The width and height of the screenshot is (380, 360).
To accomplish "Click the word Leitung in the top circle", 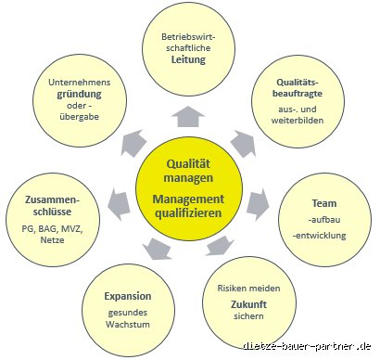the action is [188, 59].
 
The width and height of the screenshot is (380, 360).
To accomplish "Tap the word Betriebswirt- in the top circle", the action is [188, 37].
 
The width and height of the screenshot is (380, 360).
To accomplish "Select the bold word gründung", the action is [79, 95].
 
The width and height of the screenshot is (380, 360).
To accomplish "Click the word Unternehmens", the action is [80, 83].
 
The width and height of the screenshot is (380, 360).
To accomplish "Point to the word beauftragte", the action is [298, 94].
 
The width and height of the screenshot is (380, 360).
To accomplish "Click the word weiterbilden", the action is [298, 121].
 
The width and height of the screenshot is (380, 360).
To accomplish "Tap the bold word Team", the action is [324, 203].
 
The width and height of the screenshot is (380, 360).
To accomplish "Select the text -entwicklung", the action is [320, 236].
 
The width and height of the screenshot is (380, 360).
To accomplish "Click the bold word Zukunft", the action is [248, 304].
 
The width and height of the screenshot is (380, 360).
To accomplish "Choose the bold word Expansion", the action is [128, 296].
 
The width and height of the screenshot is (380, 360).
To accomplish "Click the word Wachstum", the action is [128, 325].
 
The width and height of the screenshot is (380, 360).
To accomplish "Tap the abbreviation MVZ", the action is [71, 229].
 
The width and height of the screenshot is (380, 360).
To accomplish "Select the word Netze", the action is [52, 240].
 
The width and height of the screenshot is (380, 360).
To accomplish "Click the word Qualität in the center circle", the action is [188, 164].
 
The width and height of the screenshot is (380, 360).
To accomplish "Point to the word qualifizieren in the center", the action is [188, 213].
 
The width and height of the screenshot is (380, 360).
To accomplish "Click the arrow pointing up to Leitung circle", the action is [188, 117].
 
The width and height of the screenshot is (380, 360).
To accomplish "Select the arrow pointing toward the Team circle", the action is [259, 204].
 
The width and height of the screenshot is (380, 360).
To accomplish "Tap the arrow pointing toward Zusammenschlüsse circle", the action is [119, 203].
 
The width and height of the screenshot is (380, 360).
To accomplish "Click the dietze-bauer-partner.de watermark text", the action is [307, 346].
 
